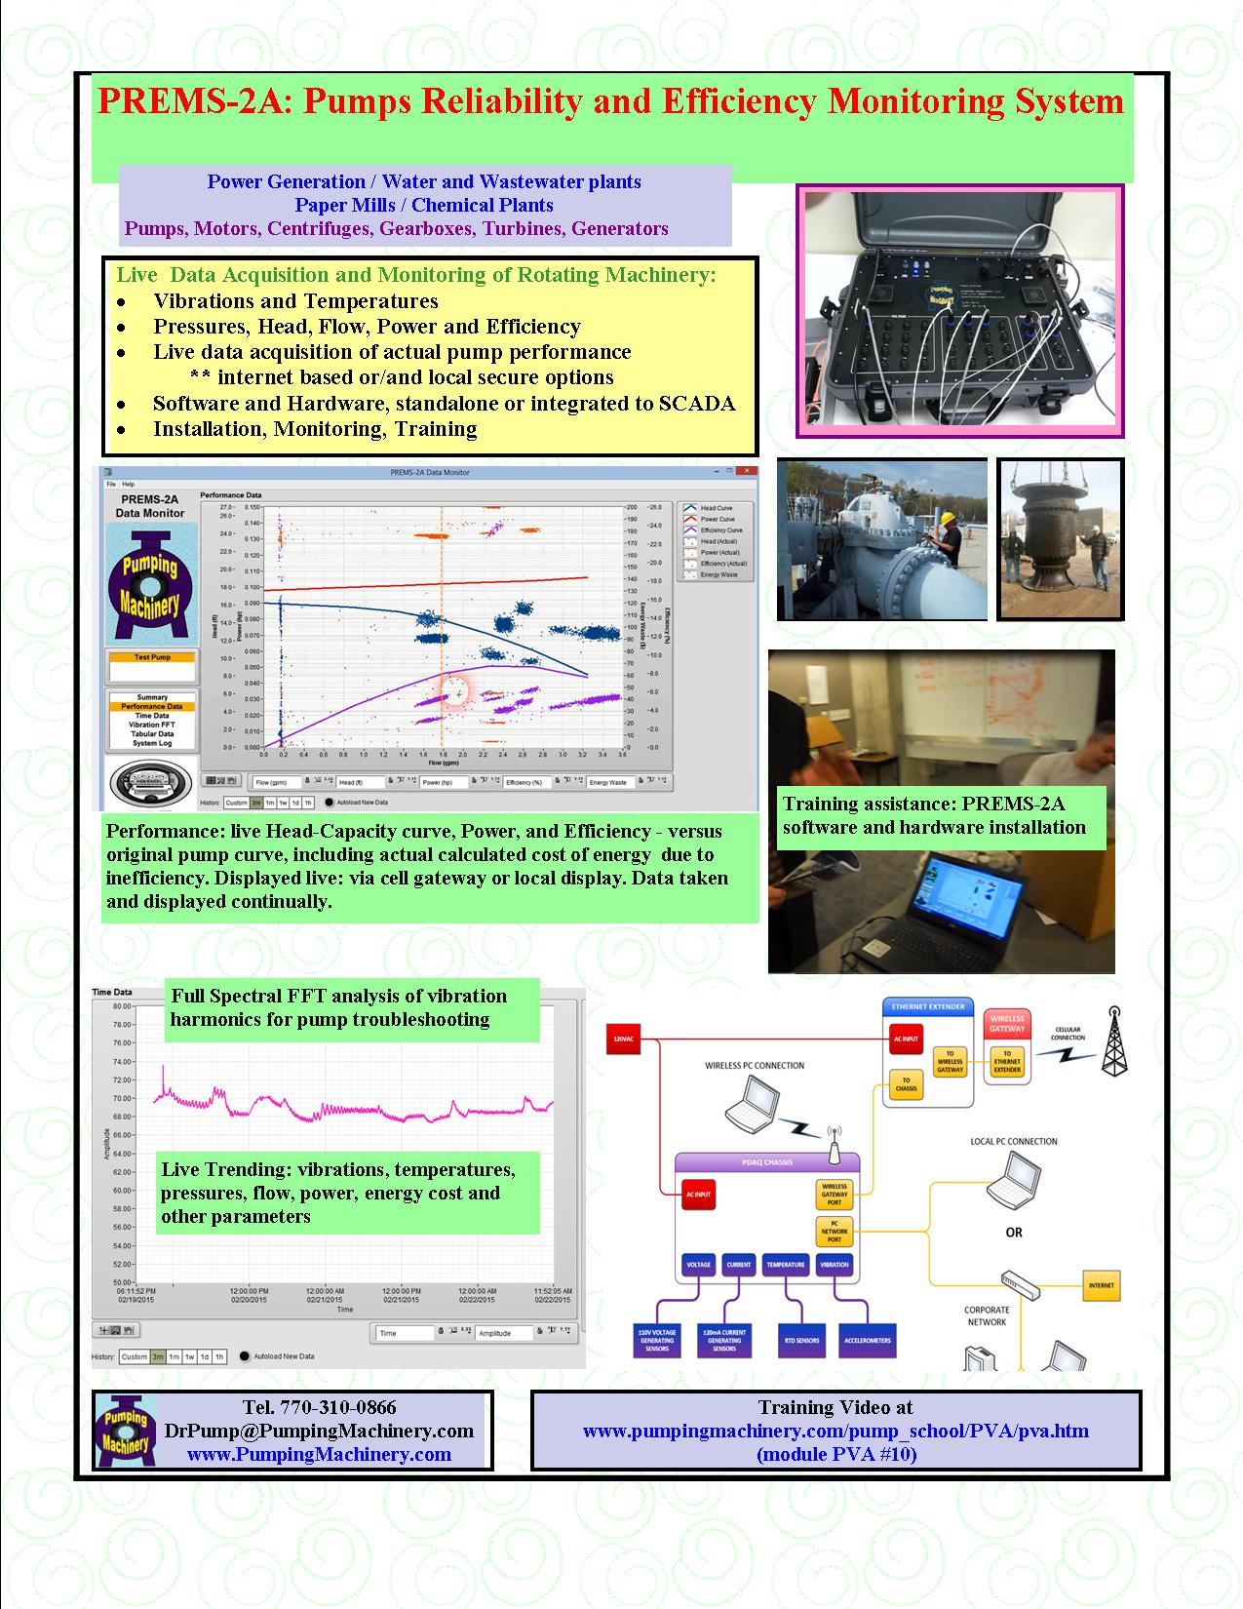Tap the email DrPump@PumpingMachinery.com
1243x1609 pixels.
319,1431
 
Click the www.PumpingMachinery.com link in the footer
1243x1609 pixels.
319,1454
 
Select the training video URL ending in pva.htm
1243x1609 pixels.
835,1431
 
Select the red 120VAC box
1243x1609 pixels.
623,1040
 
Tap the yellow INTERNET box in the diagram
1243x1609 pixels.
1101,1285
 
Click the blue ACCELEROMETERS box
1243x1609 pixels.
867,1340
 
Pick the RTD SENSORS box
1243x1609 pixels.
800,1340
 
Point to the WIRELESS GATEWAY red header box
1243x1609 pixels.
1007,1023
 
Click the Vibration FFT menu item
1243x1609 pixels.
152,725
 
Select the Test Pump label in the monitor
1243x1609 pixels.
152,657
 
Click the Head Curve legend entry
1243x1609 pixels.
716,508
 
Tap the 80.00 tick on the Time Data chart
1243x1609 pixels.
122,1005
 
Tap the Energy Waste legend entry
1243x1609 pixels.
719,574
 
